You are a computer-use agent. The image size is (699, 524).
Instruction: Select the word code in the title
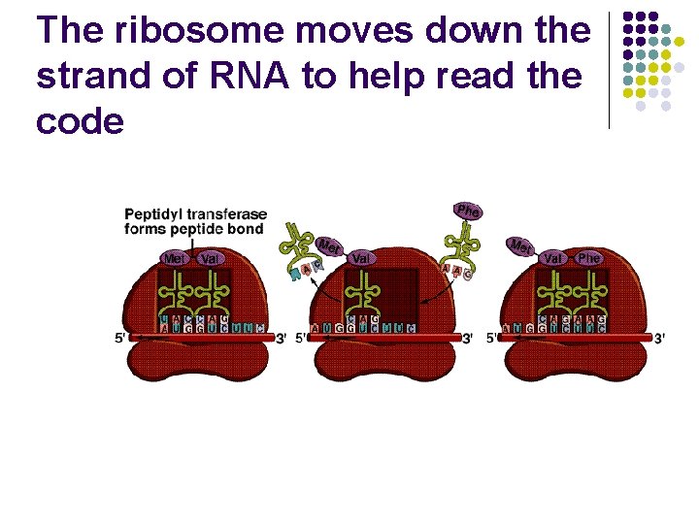tap(80, 121)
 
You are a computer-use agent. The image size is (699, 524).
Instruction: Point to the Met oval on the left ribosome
tap(175, 258)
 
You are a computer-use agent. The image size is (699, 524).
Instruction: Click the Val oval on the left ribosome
tap(209, 258)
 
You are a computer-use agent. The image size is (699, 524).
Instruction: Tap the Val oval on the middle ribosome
tap(360, 258)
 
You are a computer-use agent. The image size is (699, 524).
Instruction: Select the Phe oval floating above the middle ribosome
tap(468, 211)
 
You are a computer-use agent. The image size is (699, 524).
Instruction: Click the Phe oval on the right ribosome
tap(588, 258)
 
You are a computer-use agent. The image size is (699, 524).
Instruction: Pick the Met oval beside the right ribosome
tap(521, 246)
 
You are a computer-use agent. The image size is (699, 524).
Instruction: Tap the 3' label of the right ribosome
tap(659, 338)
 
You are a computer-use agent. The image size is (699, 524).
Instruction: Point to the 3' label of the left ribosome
tap(281, 338)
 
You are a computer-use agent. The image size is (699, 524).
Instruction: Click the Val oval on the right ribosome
tap(552, 258)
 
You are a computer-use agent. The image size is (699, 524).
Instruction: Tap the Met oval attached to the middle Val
tap(330, 246)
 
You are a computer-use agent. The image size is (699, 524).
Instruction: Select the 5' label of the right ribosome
tap(493, 338)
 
